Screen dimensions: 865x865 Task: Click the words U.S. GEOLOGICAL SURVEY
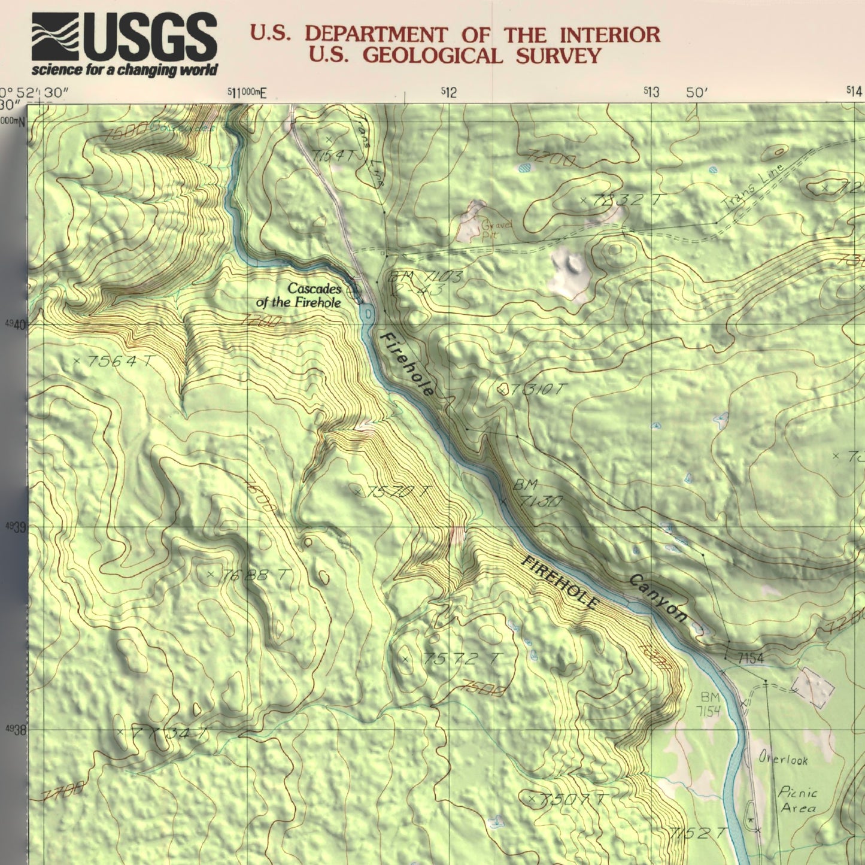pos(454,56)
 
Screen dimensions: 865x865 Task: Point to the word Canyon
pos(657,597)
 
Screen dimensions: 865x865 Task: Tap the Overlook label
pos(783,759)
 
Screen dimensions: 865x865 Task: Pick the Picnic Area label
pos(797,800)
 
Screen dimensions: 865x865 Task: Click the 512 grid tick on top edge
pos(449,92)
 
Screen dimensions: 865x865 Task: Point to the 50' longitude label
pos(697,92)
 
